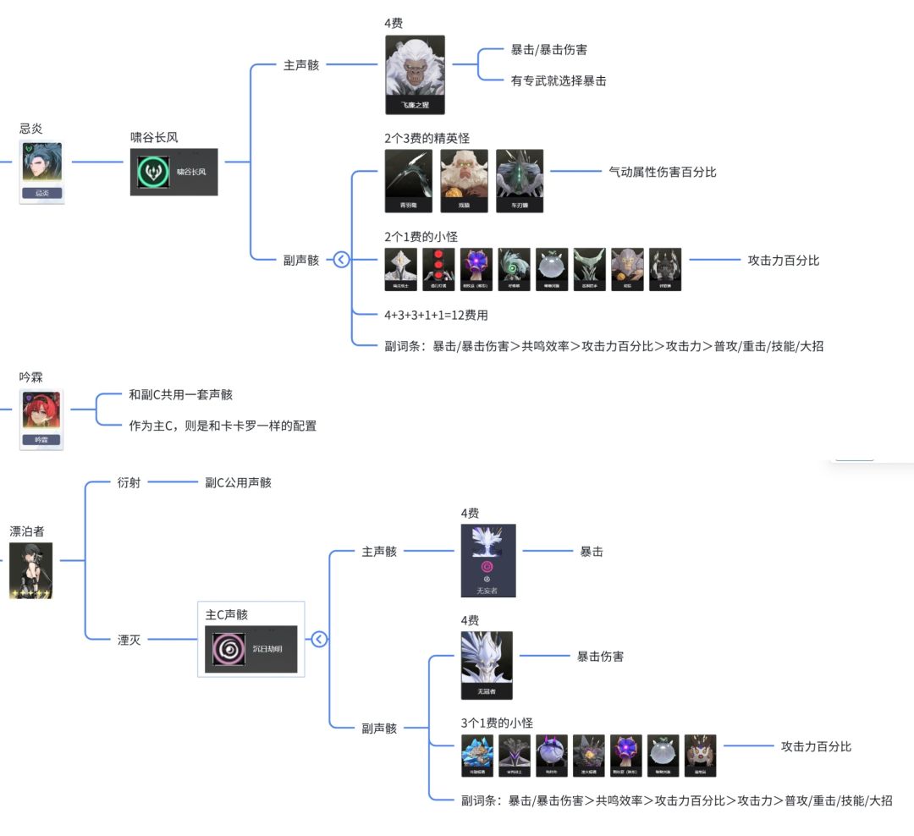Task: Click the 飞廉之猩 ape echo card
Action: [x=415, y=74]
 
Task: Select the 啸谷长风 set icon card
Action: [x=173, y=172]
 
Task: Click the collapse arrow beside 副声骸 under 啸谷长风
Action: [x=341, y=260]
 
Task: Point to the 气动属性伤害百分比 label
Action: [x=662, y=172]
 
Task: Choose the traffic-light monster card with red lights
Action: [x=438, y=269]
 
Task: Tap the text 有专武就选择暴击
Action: [x=559, y=80]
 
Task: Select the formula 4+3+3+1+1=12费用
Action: [x=436, y=315]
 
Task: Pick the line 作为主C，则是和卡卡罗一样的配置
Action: [x=223, y=426]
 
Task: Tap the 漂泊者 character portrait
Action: [x=30, y=570]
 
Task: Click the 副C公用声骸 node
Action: [x=238, y=482]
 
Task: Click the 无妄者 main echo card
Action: [x=488, y=560]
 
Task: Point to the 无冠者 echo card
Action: [x=487, y=664]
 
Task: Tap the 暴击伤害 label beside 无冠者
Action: [x=600, y=656]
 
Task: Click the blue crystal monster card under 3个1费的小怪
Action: [x=477, y=755]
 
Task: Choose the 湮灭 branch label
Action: [x=129, y=640]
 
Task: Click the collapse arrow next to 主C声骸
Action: [x=319, y=639]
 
